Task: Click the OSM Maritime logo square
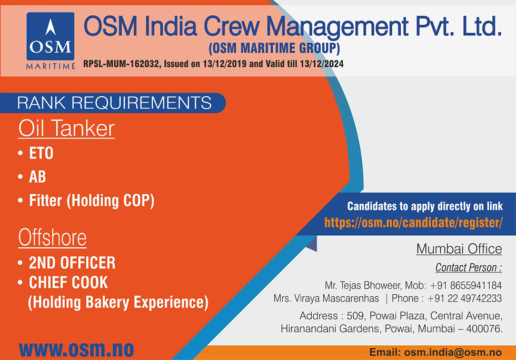tap(51, 36)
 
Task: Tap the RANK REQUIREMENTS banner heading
tap(114, 103)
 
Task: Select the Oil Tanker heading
tap(66, 128)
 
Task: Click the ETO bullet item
tap(41, 153)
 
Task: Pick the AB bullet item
tap(37, 177)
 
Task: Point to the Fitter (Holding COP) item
tap(92, 201)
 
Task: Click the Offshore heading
tap(52, 237)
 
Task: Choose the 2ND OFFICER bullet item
tap(72, 263)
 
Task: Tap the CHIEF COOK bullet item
tap(68, 283)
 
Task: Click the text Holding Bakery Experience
tap(118, 303)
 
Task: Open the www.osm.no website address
tap(76, 349)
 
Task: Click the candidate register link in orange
tap(413, 223)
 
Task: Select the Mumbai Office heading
tap(459, 249)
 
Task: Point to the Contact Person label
tap(469, 267)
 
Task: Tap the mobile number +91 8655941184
tap(465, 285)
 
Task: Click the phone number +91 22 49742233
tap(464, 298)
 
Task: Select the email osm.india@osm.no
tap(453, 353)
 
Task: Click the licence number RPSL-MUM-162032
tap(121, 64)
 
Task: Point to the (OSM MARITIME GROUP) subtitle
tap(274, 48)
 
